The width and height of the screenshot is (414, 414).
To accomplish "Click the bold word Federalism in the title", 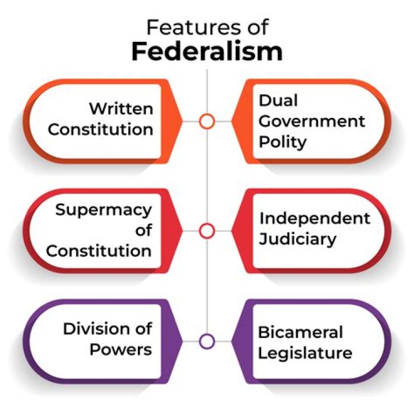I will click(207, 51).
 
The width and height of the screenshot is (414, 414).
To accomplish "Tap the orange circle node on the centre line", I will click(207, 121).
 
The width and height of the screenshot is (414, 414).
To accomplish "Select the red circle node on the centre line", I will click(207, 231).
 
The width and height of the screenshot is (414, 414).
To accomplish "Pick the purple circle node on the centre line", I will click(207, 340).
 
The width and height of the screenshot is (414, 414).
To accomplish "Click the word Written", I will click(121, 109).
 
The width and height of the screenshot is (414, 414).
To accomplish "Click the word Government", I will click(312, 121).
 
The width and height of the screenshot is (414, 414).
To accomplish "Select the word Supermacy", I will click(103, 210).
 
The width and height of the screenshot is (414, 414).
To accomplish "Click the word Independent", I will click(315, 218).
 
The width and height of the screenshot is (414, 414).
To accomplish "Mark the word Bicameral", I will click(300, 332).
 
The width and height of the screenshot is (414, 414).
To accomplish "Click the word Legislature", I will click(305, 352).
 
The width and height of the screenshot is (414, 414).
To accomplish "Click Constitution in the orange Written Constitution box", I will click(101, 129).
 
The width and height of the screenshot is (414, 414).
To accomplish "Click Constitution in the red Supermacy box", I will click(99, 251).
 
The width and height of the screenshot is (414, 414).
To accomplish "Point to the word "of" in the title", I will click(255, 26).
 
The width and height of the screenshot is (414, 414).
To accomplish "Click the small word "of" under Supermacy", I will click(144, 231).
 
